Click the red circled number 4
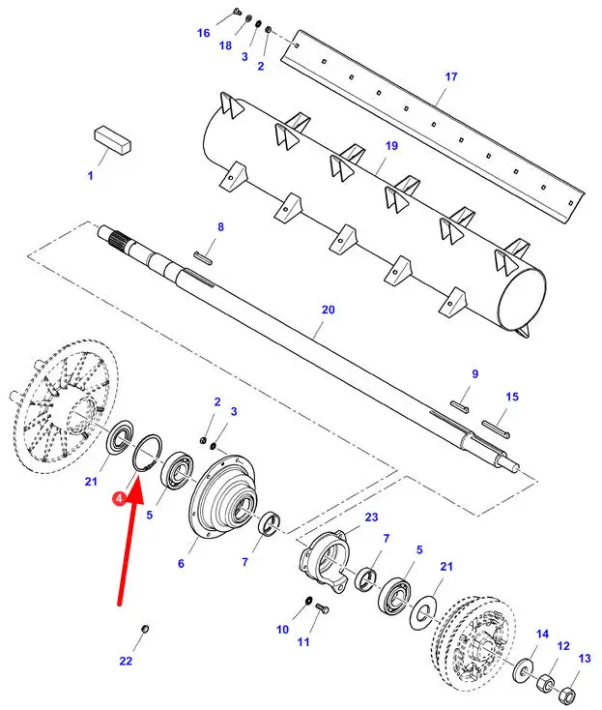tap(118, 497)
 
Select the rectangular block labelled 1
tap(112, 139)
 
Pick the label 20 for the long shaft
tap(328, 310)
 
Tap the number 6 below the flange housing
tap(179, 562)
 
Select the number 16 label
tap(203, 33)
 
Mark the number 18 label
tap(225, 45)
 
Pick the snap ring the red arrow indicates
tap(147, 452)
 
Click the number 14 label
tap(542, 633)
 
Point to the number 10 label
tap(282, 629)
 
